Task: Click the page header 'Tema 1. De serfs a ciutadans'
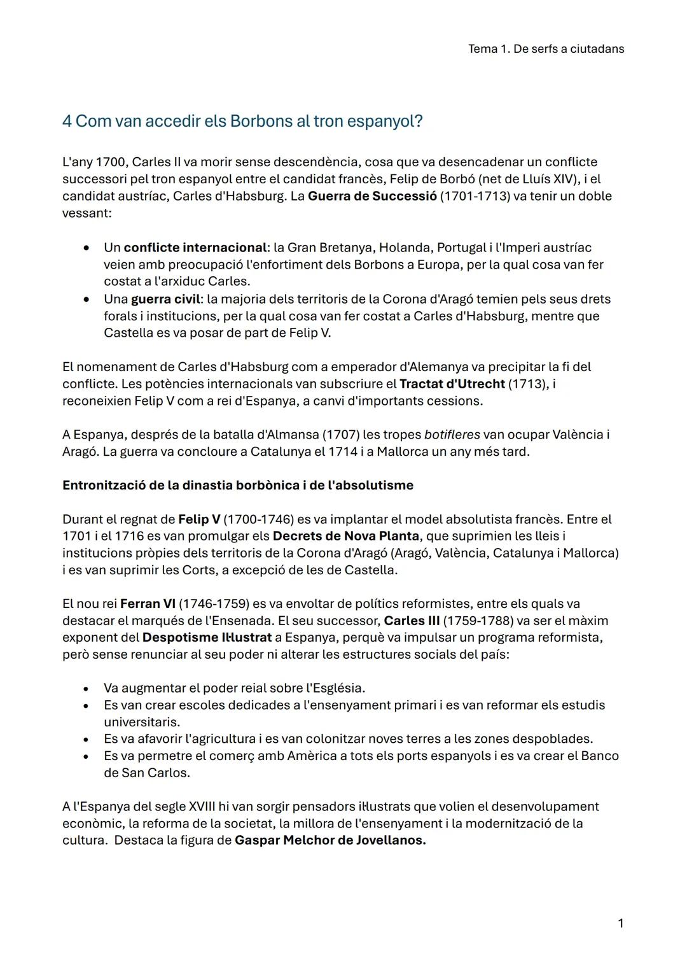tap(546, 49)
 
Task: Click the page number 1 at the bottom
tap(620, 923)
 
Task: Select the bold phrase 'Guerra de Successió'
tap(372, 196)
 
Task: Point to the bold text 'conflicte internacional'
tap(195, 247)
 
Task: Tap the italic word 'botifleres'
tap(451, 435)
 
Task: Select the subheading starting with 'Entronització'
tap(237, 486)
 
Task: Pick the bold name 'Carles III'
tap(412, 621)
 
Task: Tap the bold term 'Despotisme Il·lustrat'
tap(207, 637)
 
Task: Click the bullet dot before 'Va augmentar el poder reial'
tap(85, 688)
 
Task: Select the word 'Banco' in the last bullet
tap(600, 756)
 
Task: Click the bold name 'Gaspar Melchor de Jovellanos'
tap(330, 840)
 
